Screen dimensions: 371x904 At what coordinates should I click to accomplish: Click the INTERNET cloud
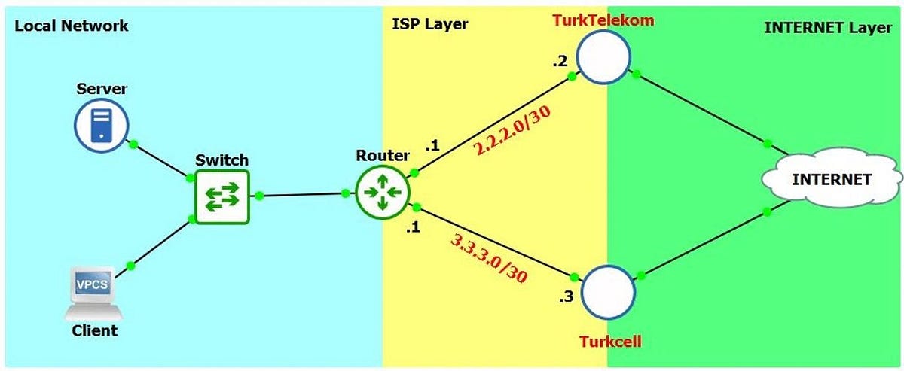[831, 179]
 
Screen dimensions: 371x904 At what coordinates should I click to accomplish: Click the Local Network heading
[72, 26]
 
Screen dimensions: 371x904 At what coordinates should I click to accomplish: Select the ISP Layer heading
[430, 24]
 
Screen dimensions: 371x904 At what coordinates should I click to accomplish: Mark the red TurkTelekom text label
[603, 20]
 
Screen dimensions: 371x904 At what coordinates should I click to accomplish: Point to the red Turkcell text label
[609, 341]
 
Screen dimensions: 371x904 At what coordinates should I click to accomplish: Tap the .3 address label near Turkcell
[566, 297]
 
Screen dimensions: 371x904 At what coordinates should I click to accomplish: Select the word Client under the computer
[95, 330]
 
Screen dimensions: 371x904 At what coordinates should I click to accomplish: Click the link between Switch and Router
[301, 195]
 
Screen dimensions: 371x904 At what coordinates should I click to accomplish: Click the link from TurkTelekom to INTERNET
[701, 108]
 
